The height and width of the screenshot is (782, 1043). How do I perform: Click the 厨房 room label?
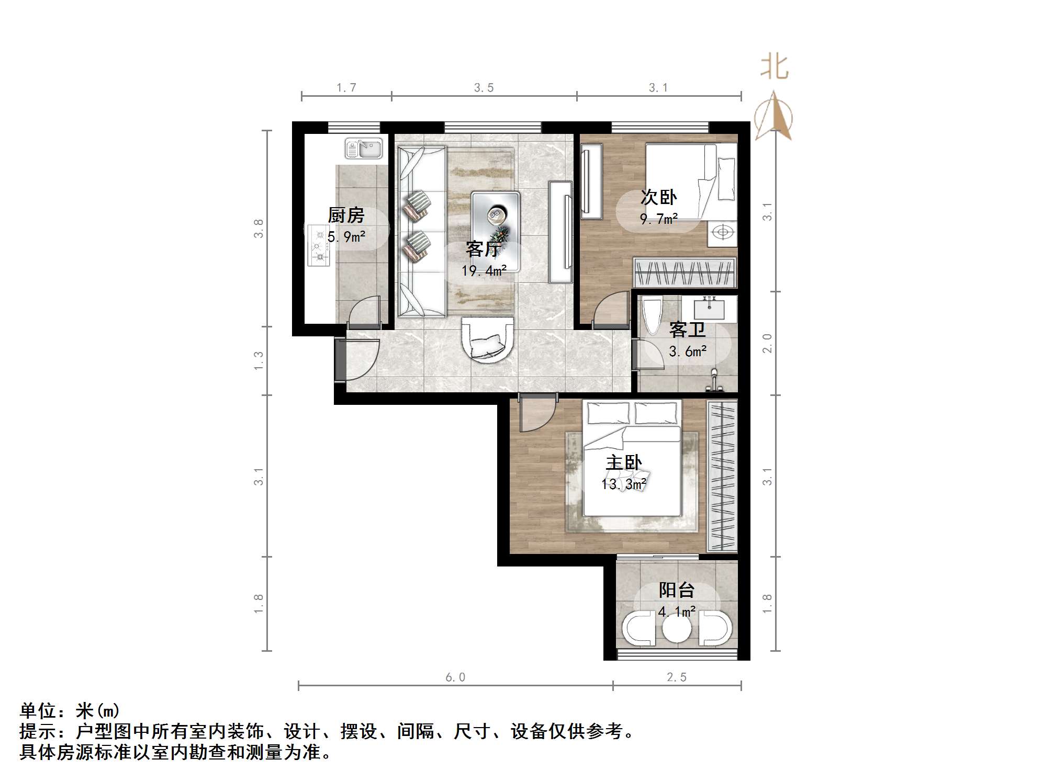[x=346, y=215]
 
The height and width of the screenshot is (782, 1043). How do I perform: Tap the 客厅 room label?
[x=484, y=249]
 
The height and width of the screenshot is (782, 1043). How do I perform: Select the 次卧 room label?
[x=659, y=197]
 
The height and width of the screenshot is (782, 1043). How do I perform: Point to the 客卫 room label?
[x=687, y=330]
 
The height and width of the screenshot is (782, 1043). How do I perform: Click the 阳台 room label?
[x=677, y=590]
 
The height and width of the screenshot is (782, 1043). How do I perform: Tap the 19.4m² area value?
[x=484, y=270]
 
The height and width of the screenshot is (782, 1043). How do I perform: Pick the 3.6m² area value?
[x=688, y=351]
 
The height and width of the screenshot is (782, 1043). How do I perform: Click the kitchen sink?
[x=364, y=148]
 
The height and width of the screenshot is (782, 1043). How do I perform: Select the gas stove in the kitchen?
[x=319, y=245]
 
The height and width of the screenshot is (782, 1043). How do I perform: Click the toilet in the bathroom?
[x=652, y=315]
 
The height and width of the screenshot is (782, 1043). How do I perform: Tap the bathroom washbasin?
[x=709, y=308]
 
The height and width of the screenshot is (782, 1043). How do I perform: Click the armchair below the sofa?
[x=488, y=339]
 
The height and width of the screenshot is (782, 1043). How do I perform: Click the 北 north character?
[x=774, y=68]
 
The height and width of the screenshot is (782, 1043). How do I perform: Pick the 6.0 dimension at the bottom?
[x=455, y=677]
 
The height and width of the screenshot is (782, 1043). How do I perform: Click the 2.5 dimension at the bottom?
[x=677, y=677]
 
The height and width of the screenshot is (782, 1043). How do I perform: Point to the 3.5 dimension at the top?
[x=484, y=88]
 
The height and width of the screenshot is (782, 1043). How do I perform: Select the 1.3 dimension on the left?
[x=259, y=361]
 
